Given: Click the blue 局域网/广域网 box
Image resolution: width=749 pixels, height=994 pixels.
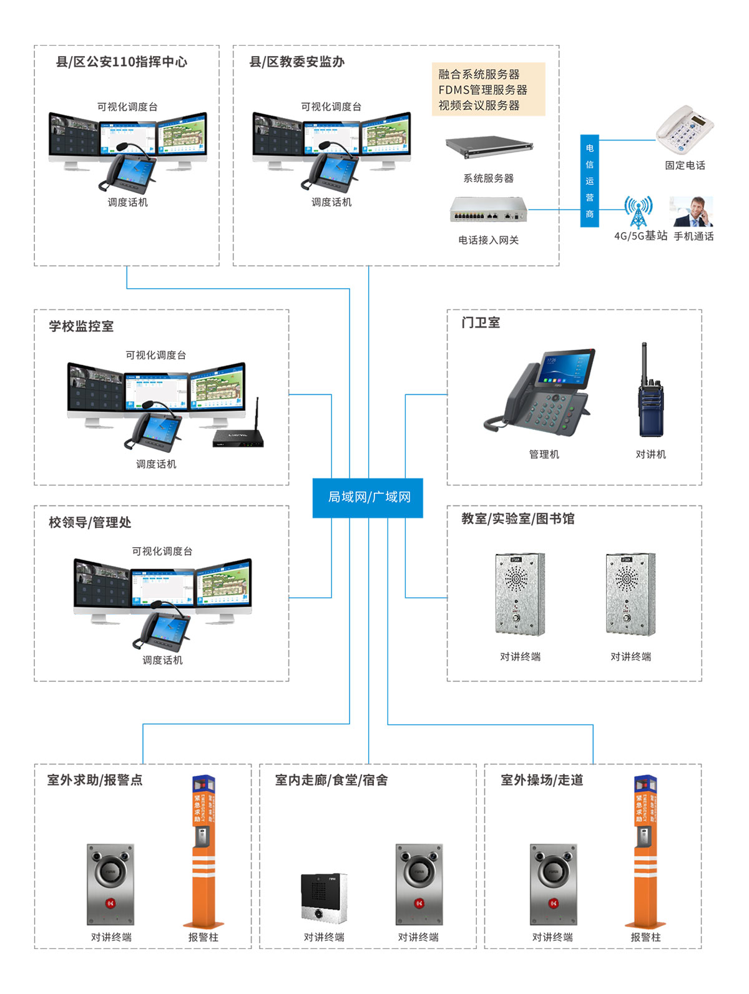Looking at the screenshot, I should pyautogui.click(x=368, y=498).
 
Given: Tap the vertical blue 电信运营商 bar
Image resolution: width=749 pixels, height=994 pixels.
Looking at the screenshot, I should pyautogui.click(x=589, y=181).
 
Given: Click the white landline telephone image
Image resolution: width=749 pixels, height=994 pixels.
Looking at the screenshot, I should pyautogui.click(x=684, y=130).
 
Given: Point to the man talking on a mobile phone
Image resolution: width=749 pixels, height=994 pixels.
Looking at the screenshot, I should pyautogui.click(x=692, y=212).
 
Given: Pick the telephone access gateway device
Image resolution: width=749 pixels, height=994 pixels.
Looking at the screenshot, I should pyautogui.click(x=488, y=210).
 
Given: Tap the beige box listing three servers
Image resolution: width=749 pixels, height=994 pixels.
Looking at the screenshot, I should pyautogui.click(x=488, y=89).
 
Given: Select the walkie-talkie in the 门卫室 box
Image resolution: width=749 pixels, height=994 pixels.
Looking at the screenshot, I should pyautogui.click(x=649, y=392).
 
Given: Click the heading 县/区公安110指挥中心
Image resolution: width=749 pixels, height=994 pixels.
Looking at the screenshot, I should pyautogui.click(x=122, y=62).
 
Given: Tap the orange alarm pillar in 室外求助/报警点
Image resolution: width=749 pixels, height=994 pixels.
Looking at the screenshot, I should pyautogui.click(x=203, y=851).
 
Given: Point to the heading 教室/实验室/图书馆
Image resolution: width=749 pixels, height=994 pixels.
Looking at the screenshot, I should pyautogui.click(x=517, y=519).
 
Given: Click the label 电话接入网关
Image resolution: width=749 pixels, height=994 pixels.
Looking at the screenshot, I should pyautogui.click(x=488, y=240).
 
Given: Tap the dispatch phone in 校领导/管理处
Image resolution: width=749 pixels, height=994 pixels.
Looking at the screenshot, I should pyautogui.click(x=159, y=631).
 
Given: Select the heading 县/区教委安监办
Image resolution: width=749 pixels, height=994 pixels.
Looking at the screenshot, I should pyautogui.click(x=297, y=62).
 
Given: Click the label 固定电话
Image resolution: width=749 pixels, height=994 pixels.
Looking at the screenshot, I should pyautogui.click(x=685, y=165).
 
